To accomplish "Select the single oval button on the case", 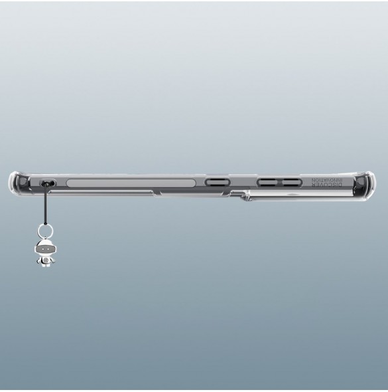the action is point(217,182).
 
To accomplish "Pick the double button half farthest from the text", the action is point(267,182).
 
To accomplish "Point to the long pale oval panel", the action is point(131,183).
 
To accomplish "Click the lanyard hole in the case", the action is point(48,183).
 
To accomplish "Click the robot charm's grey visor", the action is point(44,249).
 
